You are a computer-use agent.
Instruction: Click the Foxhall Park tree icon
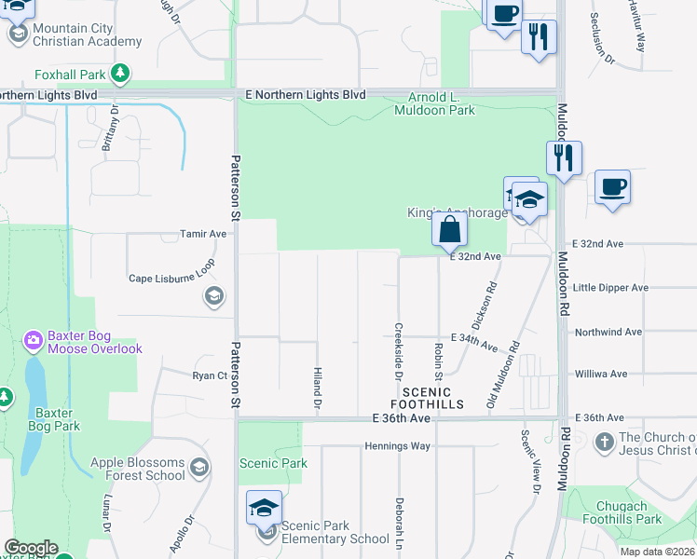[120, 73]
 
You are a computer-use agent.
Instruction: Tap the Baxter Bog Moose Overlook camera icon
[34, 340]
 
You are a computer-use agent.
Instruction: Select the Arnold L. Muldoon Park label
[442, 103]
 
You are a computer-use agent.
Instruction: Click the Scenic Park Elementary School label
[335, 532]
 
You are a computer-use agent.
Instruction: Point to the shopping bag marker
[448, 228]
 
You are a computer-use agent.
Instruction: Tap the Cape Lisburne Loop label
[171, 278]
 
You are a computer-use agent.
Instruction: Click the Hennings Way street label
[399, 445]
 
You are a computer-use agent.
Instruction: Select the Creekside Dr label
[398, 345]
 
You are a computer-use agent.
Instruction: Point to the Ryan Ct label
[210, 375]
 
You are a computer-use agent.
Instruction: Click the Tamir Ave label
[204, 234]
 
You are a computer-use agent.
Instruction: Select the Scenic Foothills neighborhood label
[420, 399]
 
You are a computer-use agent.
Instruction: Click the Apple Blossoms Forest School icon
[198, 467]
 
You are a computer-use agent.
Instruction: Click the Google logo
[31, 548]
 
